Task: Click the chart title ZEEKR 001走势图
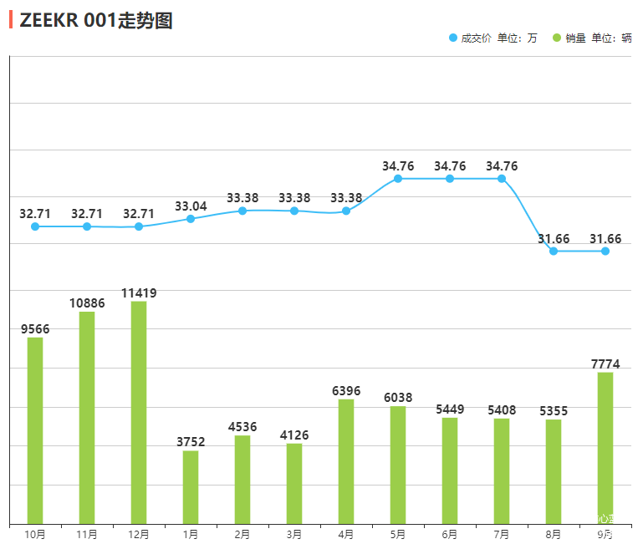coord(95,21)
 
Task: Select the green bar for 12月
coord(139,412)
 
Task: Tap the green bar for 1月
coord(191,487)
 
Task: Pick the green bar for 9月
coord(605,448)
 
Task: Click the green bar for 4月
coord(346,461)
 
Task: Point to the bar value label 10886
coord(87,303)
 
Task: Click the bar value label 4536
coord(242,427)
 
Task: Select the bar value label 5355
coord(554,411)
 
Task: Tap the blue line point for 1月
coord(191,219)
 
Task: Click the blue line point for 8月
coord(554,251)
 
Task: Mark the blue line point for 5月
coord(398,179)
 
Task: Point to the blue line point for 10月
coord(35,226)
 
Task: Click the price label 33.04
coord(191,206)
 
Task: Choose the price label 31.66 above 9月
coord(605,239)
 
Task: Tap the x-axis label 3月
coord(294,534)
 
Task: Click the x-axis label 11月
coord(87,534)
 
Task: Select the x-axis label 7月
coord(502,534)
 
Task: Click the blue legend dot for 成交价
coord(453,38)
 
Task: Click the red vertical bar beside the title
coord(11,20)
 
